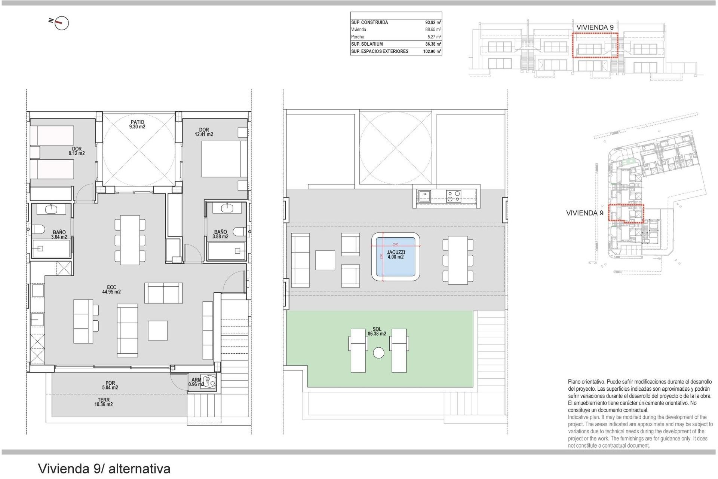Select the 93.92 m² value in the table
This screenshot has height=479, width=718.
433,22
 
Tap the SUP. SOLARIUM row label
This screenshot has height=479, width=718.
367,44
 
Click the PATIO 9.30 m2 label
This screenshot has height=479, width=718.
137,124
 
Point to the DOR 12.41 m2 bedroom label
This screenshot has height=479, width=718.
204,132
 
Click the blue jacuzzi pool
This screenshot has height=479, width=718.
396,257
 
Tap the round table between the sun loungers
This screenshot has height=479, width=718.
378,353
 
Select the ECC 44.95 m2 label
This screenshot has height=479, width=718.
111,290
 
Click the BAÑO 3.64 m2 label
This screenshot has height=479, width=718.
59,235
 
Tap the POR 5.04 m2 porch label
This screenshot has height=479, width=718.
110,385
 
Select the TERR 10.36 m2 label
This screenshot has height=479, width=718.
103,402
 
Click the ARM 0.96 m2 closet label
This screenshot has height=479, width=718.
196,382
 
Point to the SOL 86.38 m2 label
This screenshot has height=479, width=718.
377,332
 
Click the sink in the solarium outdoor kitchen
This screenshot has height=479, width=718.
424,196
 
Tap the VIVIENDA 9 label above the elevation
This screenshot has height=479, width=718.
595,27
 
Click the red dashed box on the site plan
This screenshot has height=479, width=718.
626,213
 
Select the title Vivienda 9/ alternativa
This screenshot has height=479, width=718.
104,469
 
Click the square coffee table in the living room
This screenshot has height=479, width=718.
157,330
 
